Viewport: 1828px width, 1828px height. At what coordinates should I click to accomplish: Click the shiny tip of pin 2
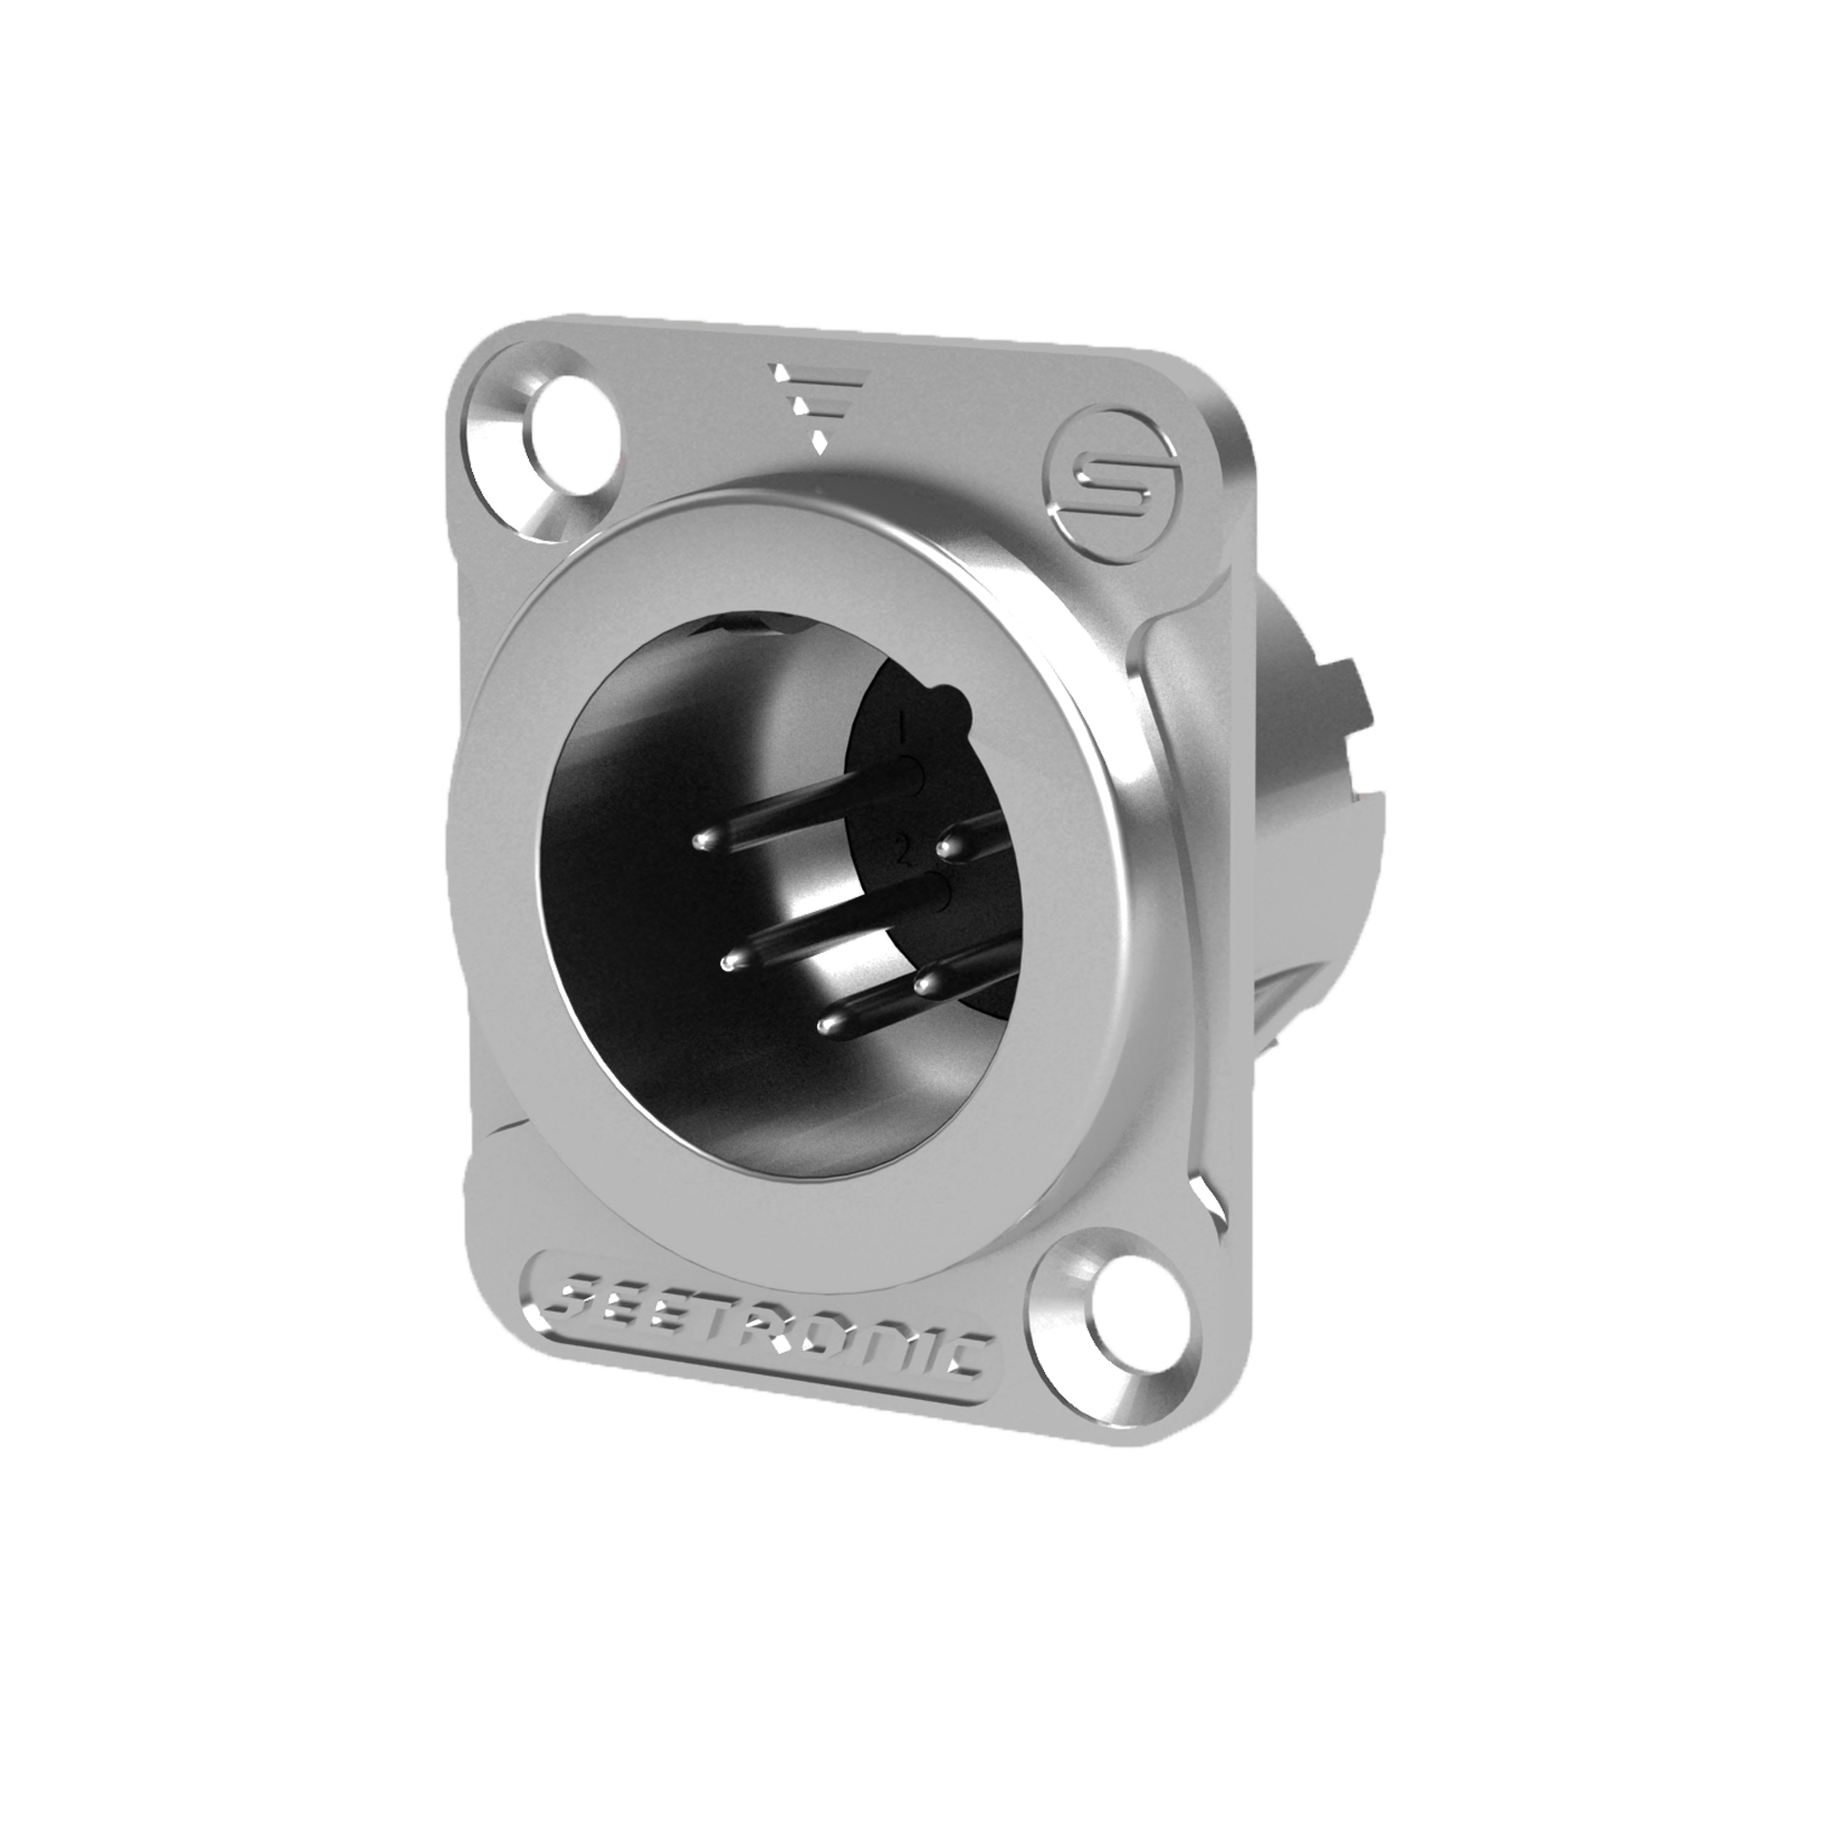(728, 963)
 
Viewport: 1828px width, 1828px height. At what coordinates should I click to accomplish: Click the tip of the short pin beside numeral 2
(948, 845)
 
